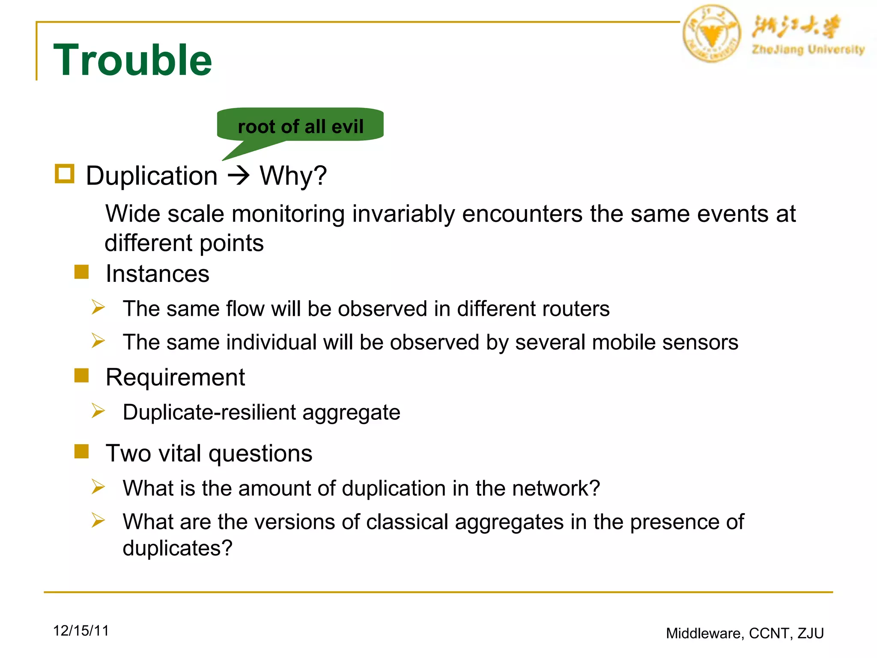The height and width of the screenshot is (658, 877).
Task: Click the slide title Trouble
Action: pos(132,60)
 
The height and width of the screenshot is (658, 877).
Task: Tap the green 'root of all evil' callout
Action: pos(300,126)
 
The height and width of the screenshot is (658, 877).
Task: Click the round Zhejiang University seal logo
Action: pos(711,34)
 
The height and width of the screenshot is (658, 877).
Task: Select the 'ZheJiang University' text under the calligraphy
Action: pos(808,50)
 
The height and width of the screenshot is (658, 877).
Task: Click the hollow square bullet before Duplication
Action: pos(65,174)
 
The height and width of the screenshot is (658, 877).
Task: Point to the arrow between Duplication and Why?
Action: pos(239,175)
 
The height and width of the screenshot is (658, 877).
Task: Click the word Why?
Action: pos(293,176)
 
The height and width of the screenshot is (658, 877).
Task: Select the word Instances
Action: pos(158,274)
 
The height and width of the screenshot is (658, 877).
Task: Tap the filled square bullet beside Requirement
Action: pos(81,376)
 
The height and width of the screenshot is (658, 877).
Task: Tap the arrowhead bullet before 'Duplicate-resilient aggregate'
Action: pos(98,411)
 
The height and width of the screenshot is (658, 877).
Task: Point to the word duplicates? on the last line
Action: pos(177,548)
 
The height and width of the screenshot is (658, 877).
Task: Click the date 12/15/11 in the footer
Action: pos(81,631)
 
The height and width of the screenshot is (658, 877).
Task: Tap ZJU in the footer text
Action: pos(811,633)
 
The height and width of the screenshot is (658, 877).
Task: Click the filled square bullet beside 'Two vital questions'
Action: pos(81,452)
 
